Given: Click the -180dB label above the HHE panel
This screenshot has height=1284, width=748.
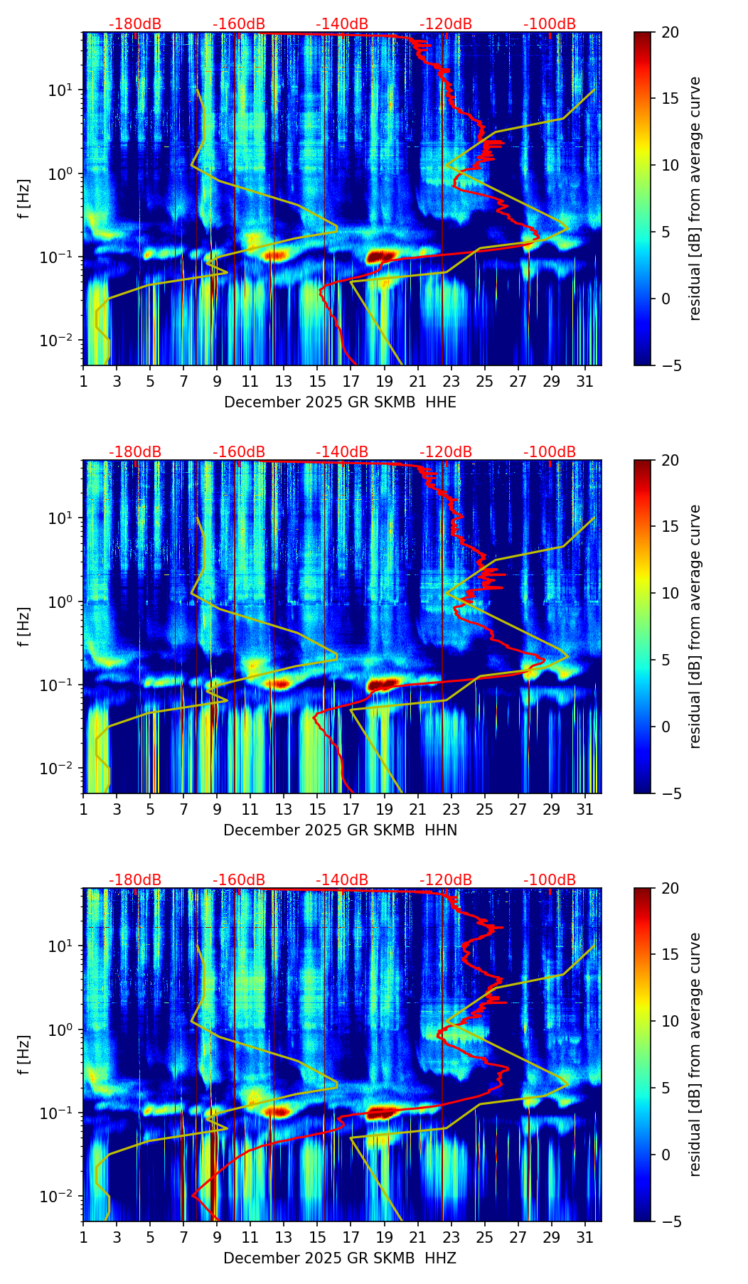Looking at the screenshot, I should [x=135, y=24].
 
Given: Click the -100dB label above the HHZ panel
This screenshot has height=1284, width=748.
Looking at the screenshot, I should [x=550, y=880].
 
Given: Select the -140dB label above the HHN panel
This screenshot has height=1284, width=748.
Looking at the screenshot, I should [x=342, y=452].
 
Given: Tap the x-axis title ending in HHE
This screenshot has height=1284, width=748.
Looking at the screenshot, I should [x=340, y=402].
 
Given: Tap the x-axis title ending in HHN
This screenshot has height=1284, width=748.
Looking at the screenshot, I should [x=340, y=830].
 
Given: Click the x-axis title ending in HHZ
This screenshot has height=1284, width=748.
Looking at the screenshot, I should [x=340, y=1258].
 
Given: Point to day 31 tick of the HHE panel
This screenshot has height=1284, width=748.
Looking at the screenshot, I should [x=585, y=382].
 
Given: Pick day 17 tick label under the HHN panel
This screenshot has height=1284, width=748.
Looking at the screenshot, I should [x=351, y=810].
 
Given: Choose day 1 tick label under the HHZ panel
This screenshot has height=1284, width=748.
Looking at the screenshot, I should [x=84, y=1238].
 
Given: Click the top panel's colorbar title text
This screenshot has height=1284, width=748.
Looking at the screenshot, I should [x=695, y=198].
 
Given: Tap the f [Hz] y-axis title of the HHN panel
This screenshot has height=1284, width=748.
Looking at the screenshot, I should [x=25, y=626].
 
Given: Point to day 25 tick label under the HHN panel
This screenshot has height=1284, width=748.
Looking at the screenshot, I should [x=484, y=810].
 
